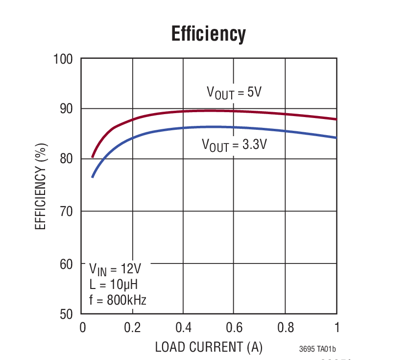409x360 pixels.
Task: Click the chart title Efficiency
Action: pos(208,34)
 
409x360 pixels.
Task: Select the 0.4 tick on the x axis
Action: pos(183,327)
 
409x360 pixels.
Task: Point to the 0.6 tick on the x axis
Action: pos(234,327)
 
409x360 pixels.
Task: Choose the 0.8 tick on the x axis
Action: pos(285,327)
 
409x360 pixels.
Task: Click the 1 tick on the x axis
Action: pos(337,327)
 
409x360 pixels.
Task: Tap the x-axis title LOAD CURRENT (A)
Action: pos(209,347)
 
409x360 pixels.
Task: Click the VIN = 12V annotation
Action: pos(115,269)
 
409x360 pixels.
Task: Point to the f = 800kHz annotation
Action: pos(118,300)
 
